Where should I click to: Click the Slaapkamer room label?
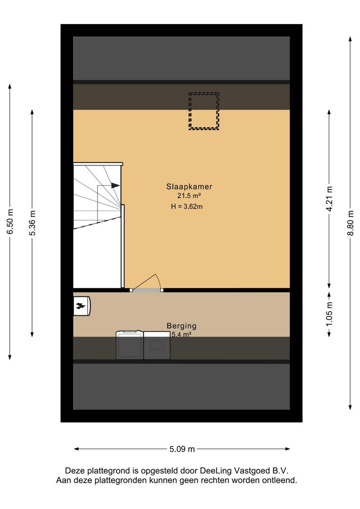pyautogui.click(x=189, y=187)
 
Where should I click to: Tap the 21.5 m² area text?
pyautogui.click(x=189, y=196)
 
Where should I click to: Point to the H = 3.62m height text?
pyautogui.click(x=187, y=206)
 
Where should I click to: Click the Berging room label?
pyautogui.click(x=181, y=326)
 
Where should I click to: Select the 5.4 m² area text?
pyautogui.click(x=181, y=334)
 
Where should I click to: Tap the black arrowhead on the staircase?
pyautogui.click(x=115, y=185)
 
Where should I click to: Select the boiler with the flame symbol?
pyautogui.click(x=82, y=305)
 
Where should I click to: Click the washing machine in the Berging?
pyautogui.click(x=130, y=345)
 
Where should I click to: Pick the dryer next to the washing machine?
pyautogui.click(x=157, y=345)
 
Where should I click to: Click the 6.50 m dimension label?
pyautogui.click(x=10, y=222)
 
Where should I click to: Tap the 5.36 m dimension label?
pyautogui.click(x=32, y=223)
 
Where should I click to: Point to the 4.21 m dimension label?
pyautogui.click(x=329, y=199)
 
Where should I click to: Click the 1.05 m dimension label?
pyautogui.click(x=329, y=314)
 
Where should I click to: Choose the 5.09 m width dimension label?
pyautogui.click(x=182, y=449)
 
